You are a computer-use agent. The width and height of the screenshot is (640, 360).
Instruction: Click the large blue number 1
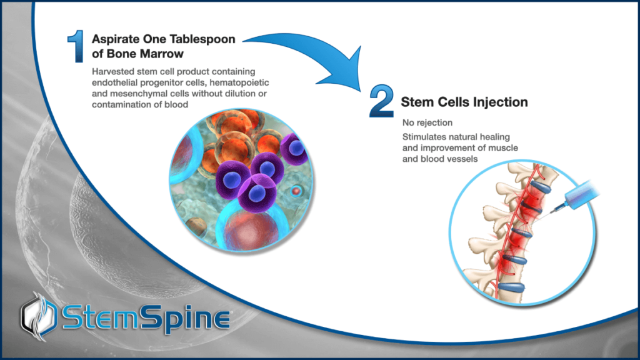point(77,46)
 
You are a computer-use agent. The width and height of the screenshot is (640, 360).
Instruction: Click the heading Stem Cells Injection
point(464,101)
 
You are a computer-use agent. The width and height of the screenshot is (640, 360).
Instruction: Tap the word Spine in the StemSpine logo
point(187,317)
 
